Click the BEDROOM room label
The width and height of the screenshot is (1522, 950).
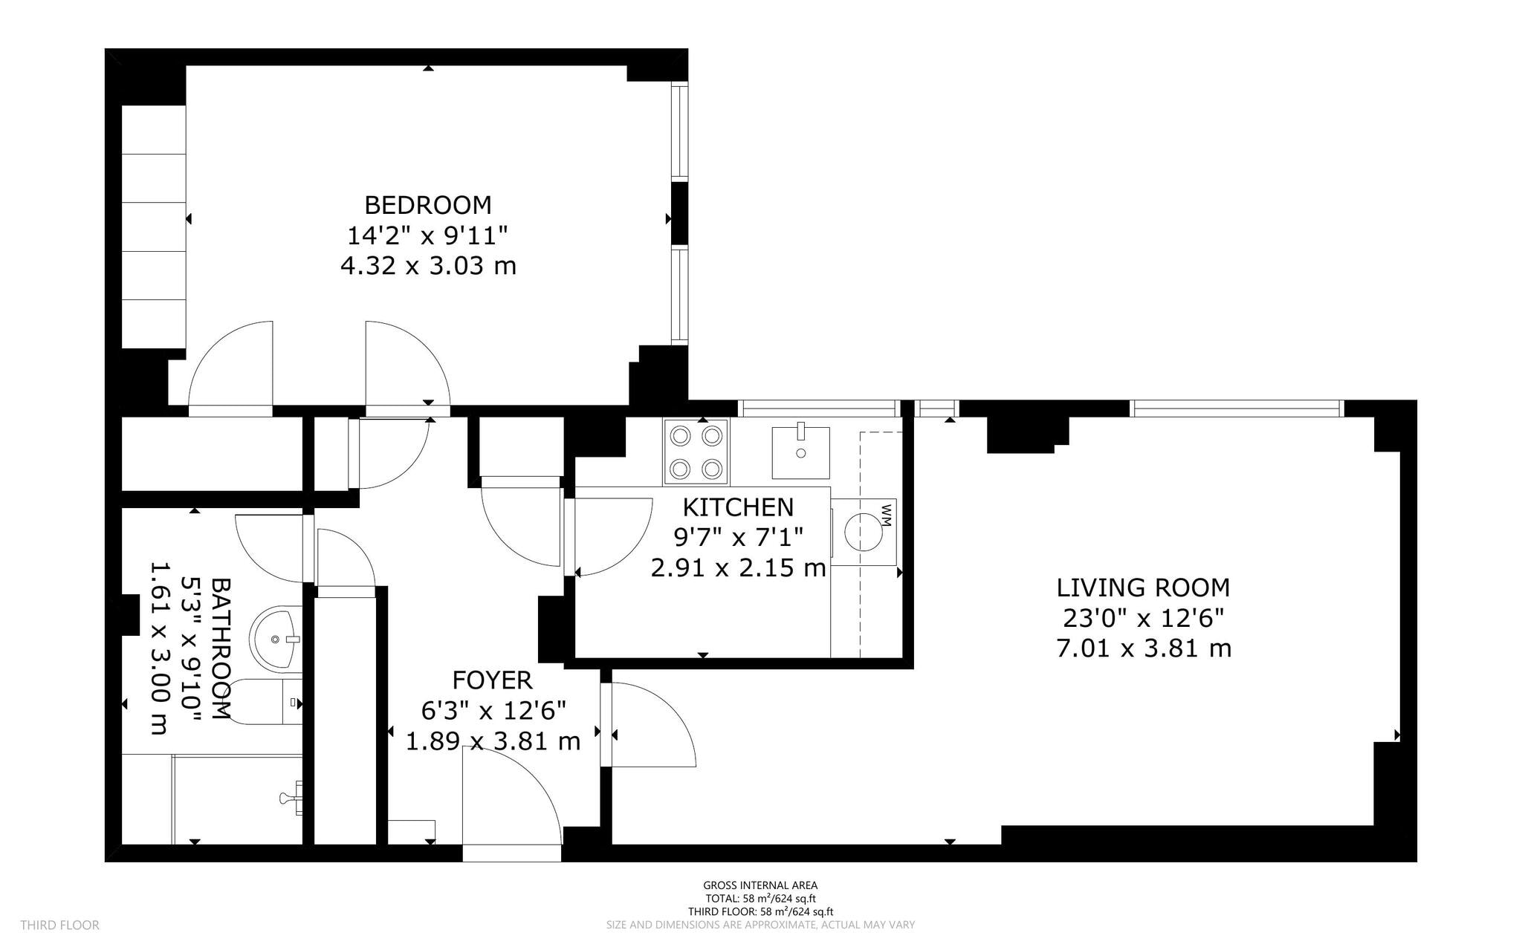tap(427, 204)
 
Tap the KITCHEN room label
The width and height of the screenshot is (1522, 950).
tap(738, 507)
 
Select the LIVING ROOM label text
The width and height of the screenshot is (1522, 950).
tap(1143, 588)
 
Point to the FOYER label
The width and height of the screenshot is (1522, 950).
tap(492, 680)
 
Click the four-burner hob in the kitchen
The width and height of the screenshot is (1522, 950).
tap(696, 452)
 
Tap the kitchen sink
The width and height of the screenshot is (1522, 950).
tap(800, 452)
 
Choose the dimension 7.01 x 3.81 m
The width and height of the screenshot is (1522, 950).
tap(1143, 648)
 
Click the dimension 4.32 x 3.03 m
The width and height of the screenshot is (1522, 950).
tap(427, 266)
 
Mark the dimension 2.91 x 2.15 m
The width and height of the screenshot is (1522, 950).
tap(738, 568)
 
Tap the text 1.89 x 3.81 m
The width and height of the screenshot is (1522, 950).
tap(492, 741)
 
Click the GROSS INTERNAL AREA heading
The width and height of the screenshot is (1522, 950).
tap(760, 885)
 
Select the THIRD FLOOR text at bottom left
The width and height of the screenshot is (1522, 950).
tap(59, 925)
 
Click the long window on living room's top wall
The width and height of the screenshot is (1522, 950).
tap(1237, 408)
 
